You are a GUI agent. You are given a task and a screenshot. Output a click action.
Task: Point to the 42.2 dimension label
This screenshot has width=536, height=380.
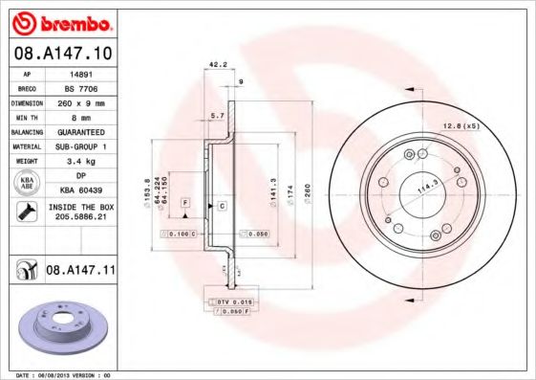(216, 66)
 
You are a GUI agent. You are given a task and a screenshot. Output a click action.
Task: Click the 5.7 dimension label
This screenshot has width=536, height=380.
(216, 115)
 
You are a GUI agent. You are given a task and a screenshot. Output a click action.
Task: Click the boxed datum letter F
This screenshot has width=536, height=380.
(185, 204)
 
